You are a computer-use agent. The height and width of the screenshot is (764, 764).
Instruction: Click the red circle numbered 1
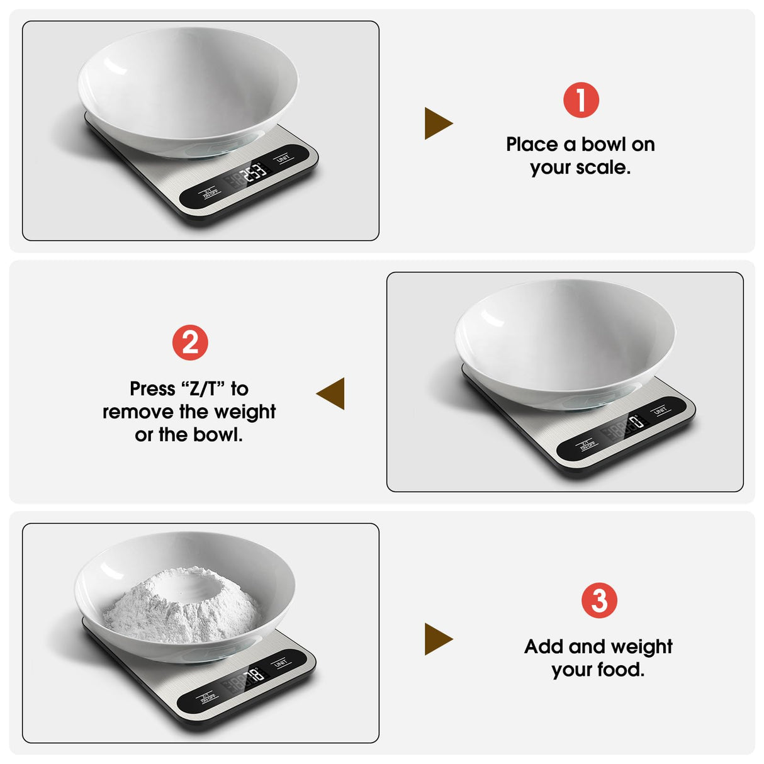pos(581,100)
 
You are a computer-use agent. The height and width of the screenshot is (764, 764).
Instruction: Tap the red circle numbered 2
pos(190,343)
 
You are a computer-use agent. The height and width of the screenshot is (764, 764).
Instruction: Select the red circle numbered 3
pos(599,600)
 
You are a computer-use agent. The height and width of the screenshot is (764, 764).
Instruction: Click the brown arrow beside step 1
pos(438,123)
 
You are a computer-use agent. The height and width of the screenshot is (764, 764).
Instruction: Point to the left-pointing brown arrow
pos(331,393)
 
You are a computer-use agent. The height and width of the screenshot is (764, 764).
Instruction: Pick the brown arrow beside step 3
pos(438,639)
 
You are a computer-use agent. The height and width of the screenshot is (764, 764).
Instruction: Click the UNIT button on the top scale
pos(284,157)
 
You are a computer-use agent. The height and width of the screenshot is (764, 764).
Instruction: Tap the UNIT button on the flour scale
pos(281,663)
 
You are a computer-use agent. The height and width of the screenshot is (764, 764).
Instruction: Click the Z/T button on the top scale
pos(210,192)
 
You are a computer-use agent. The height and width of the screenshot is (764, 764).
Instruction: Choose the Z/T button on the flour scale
pos(208,697)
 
